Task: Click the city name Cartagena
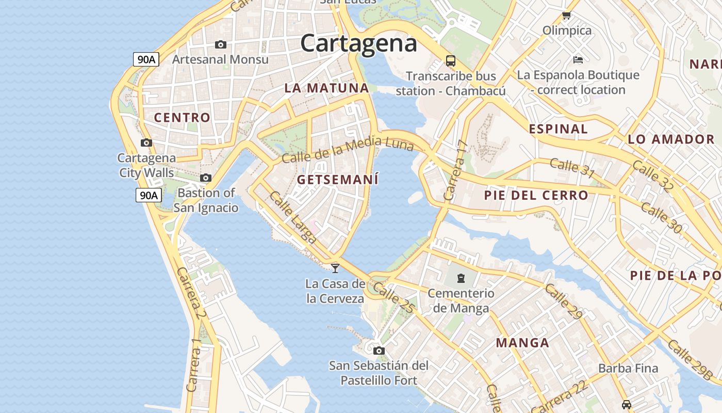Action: point(358,43)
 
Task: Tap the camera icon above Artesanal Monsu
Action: point(220,45)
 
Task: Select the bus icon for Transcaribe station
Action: point(451,61)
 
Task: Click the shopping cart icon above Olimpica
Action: point(567,15)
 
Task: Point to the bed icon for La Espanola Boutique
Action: point(578,60)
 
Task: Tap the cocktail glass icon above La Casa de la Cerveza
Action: point(335,268)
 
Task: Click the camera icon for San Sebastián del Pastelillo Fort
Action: point(379,351)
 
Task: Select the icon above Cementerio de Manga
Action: point(461,278)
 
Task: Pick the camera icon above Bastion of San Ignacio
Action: point(206,178)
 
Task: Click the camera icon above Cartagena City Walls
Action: point(146,143)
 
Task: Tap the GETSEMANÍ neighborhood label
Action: point(338,180)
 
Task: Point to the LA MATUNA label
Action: point(326,88)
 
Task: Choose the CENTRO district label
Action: point(182,118)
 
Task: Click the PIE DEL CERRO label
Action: point(536,195)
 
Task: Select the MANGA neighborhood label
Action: point(522,343)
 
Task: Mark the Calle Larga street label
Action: point(292,217)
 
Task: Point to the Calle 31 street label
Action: point(572,168)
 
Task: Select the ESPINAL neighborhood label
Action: point(558,129)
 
